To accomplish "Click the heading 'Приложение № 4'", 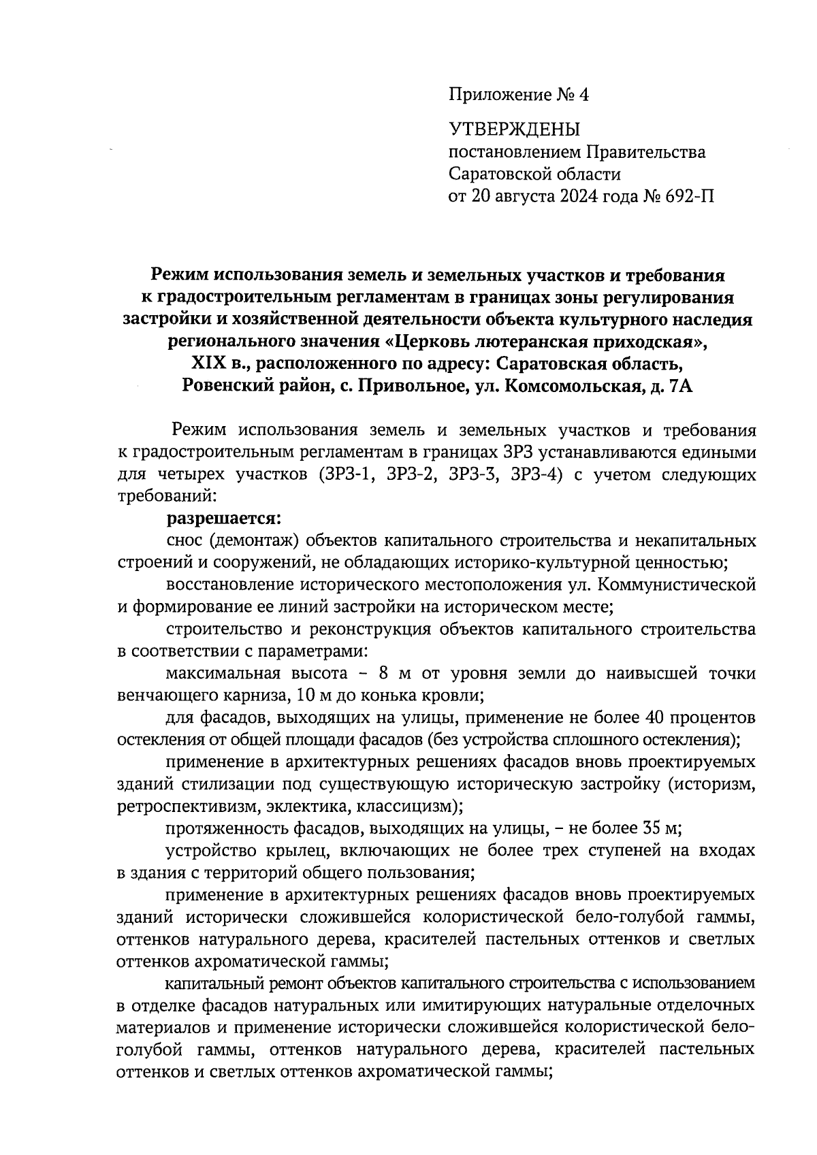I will pyautogui.click(x=518, y=95).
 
